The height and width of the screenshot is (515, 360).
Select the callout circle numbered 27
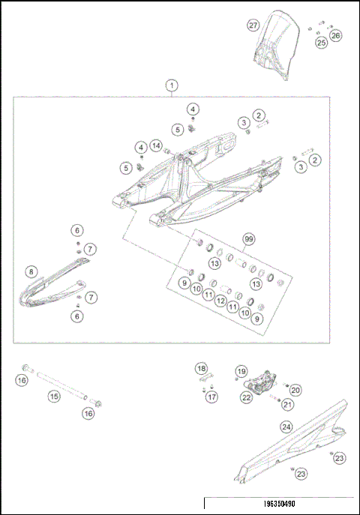(x=253, y=25)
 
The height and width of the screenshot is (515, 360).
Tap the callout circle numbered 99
(x=248, y=239)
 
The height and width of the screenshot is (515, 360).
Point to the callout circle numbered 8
(x=31, y=271)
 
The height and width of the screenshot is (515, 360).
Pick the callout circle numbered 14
(x=156, y=145)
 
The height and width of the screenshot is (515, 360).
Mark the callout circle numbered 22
(x=246, y=398)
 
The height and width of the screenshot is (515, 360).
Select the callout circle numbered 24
(x=286, y=427)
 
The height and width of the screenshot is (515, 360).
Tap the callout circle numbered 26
(x=335, y=34)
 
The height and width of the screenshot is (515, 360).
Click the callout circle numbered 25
(x=321, y=43)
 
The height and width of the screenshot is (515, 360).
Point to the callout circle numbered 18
(x=201, y=368)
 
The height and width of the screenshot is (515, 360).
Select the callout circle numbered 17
(x=212, y=397)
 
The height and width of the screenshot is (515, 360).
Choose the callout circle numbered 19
(x=241, y=371)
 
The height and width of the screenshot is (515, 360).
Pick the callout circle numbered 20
(x=295, y=390)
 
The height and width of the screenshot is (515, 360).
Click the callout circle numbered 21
(x=286, y=406)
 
